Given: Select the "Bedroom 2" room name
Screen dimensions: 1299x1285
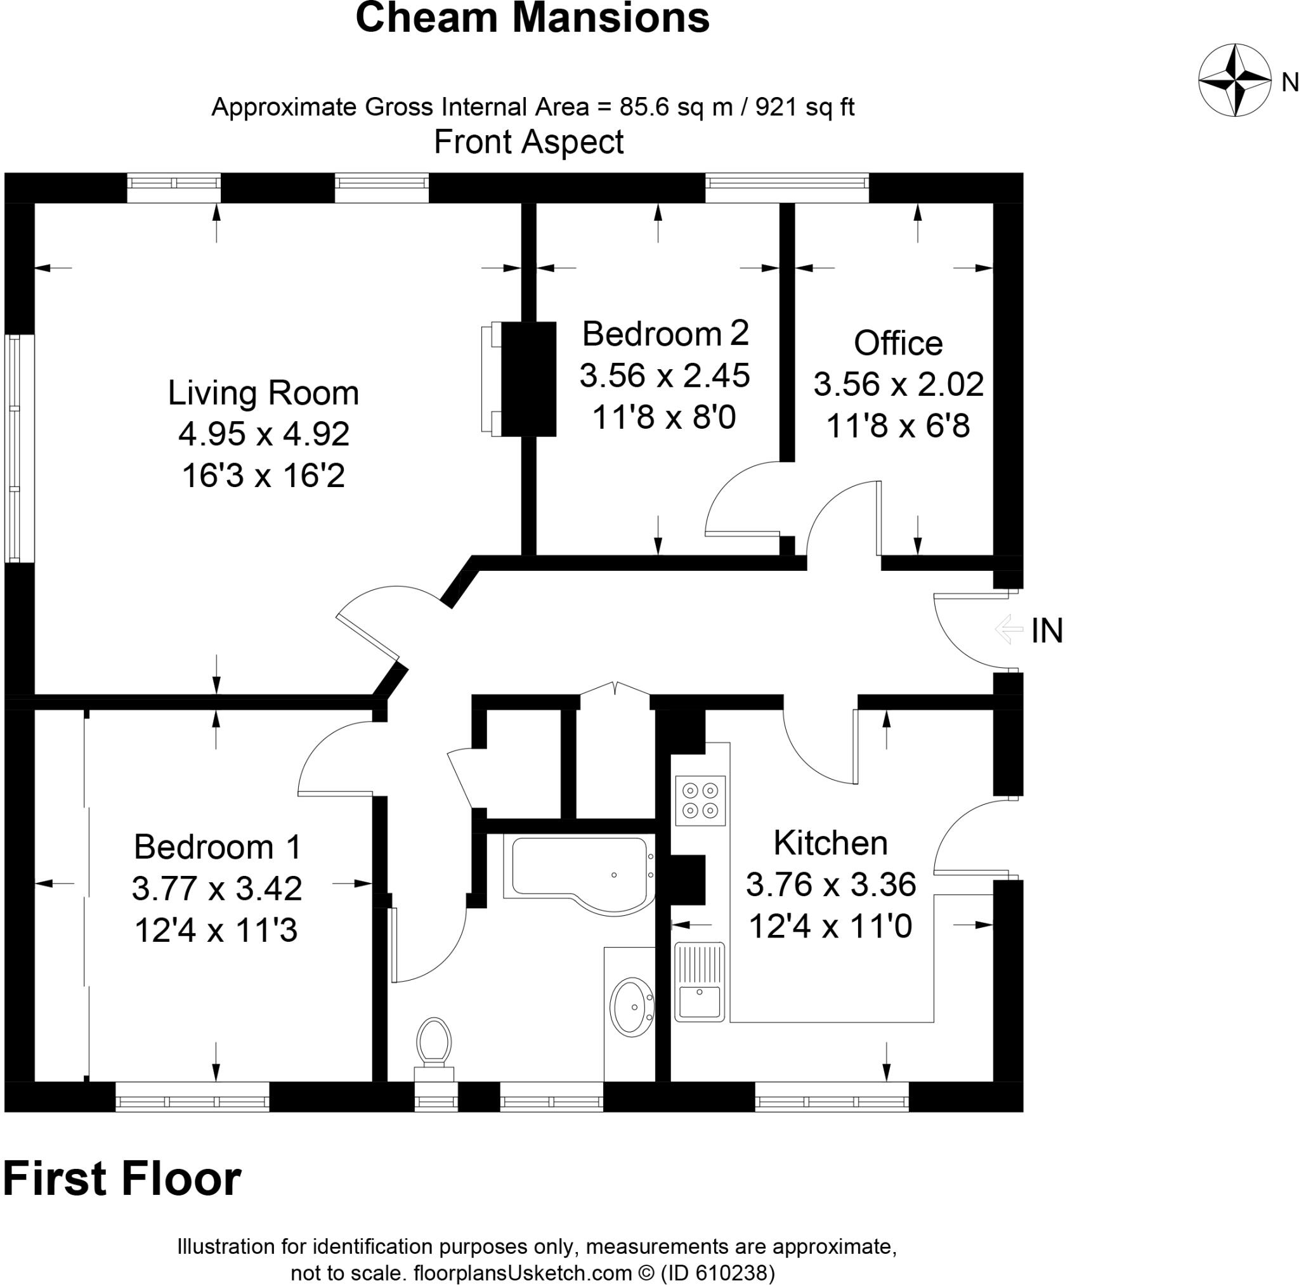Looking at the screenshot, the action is [x=665, y=334].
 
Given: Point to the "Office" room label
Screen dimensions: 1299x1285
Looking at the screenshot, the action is [x=898, y=343].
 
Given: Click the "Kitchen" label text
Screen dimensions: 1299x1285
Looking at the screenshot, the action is [x=830, y=842].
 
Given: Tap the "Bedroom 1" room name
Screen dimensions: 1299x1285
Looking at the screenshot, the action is [x=217, y=847].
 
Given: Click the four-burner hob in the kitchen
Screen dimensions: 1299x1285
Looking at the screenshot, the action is [x=701, y=801].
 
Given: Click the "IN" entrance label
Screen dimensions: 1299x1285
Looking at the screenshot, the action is [x=1047, y=630].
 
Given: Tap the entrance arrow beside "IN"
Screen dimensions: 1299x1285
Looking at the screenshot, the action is [x=1009, y=630].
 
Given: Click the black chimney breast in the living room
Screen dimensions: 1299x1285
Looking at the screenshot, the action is [x=528, y=379].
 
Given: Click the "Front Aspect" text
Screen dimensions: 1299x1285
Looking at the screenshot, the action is [x=528, y=142].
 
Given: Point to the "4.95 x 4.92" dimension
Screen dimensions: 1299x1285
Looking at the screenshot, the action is [x=264, y=434].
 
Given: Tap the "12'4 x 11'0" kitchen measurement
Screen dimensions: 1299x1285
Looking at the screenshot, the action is [x=830, y=927].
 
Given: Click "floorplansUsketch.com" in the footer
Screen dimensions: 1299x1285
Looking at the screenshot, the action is [x=523, y=1272].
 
